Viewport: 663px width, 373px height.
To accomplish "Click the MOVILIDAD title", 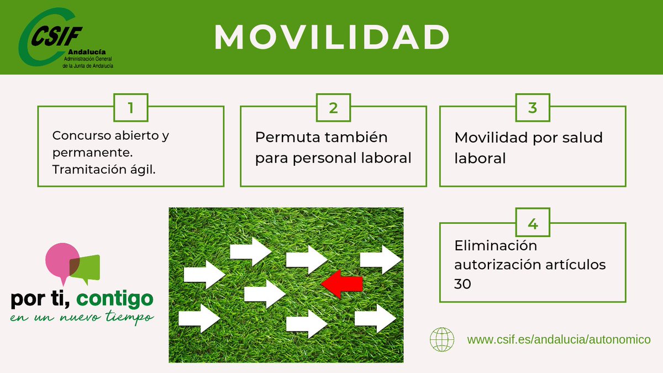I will point(331,37).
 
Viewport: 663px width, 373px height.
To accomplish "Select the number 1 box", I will point(130,107).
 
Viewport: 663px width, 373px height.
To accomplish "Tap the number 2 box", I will point(333,107).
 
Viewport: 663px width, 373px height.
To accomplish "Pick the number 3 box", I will point(533,107).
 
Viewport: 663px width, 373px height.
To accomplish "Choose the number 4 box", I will point(533,224).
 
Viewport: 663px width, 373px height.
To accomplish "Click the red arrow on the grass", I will point(342,284).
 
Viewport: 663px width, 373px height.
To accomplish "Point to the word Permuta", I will point(286,137).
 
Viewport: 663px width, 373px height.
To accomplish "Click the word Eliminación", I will point(496,245).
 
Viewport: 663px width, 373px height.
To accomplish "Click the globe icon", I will point(441,338).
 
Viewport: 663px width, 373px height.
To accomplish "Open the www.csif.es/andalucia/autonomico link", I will point(559,339).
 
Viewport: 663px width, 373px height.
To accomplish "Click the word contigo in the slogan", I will point(114,299).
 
